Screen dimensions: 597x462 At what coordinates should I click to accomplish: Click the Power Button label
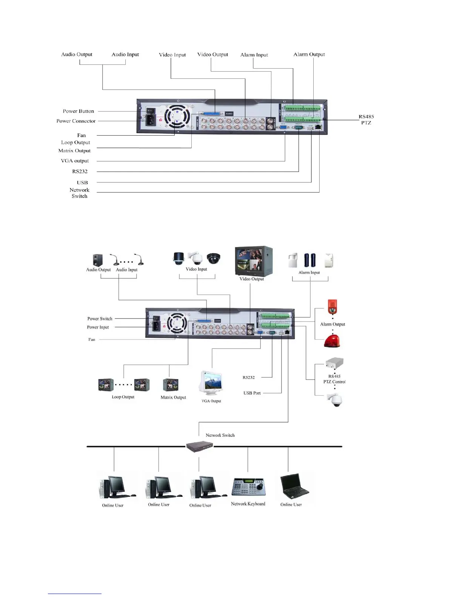coord(78,111)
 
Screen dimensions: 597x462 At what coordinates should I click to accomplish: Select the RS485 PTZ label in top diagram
coord(366,119)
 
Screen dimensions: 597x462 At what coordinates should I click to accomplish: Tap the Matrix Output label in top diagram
coord(74,151)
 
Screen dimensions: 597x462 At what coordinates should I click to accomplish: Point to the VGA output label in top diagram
coord(75,161)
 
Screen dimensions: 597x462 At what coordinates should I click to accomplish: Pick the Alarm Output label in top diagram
coord(309,54)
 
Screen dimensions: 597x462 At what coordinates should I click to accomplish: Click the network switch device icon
coord(200,447)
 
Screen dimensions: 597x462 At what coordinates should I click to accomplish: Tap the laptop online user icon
coord(294,486)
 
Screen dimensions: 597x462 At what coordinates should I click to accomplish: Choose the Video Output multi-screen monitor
coord(253,261)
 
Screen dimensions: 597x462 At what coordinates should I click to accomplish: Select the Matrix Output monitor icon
coord(170,385)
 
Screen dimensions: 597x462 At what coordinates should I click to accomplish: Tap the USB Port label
coord(252,393)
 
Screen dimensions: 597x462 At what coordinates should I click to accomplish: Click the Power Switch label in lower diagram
coord(100,319)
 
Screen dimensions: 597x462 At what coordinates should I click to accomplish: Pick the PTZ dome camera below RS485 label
coord(334,400)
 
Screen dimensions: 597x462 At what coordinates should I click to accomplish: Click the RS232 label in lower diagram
coord(248,377)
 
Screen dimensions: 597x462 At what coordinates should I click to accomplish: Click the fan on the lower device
coord(177,323)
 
